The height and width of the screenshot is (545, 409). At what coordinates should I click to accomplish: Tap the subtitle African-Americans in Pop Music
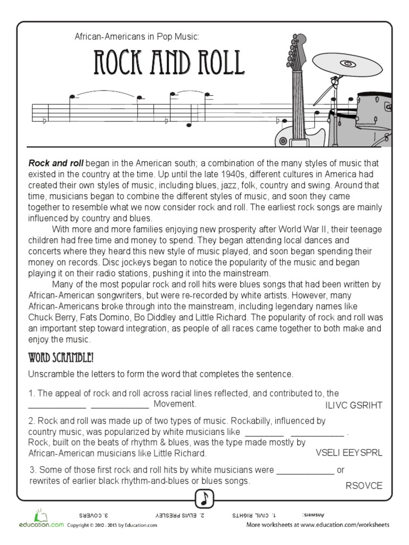(137, 36)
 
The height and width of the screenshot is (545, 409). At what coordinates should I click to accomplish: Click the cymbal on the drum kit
(347, 65)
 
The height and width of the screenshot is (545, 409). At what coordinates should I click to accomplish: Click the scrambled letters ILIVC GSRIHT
(354, 406)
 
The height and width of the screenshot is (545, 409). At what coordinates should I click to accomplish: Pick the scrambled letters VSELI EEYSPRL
(349, 453)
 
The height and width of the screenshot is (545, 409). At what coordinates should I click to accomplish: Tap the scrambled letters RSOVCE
(364, 485)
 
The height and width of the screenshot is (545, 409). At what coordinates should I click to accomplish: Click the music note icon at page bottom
(204, 499)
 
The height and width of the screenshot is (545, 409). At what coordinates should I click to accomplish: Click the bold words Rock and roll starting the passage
(56, 163)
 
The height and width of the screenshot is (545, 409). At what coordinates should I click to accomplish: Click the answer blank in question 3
(305, 470)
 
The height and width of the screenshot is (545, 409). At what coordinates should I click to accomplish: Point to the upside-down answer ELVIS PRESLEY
(178, 515)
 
